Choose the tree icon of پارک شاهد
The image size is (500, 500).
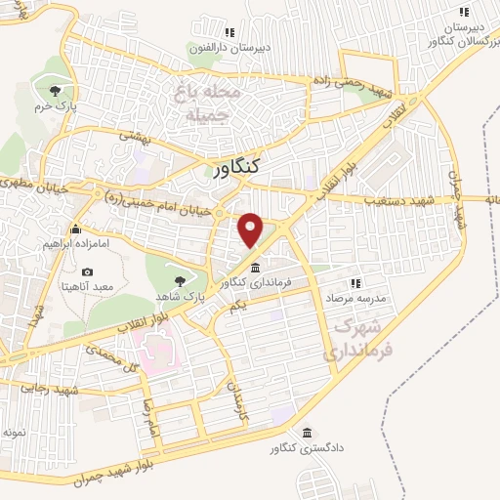(x=177, y=280)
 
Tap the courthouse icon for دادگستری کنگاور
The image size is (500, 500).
(x=308, y=434)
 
